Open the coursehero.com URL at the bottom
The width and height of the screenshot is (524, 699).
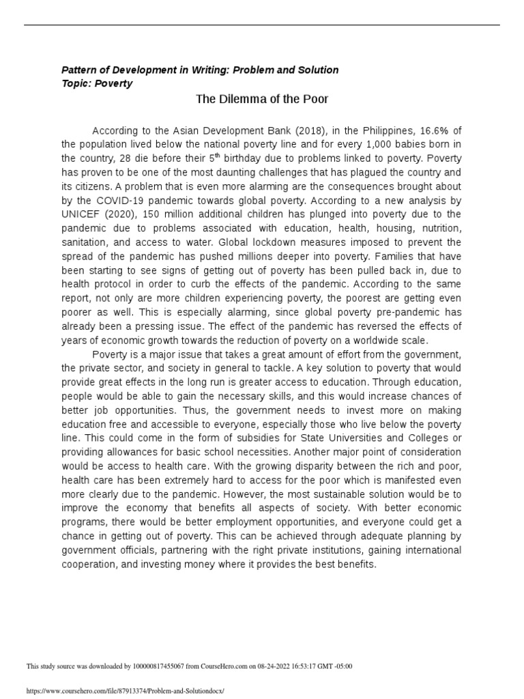pos(125,691)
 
